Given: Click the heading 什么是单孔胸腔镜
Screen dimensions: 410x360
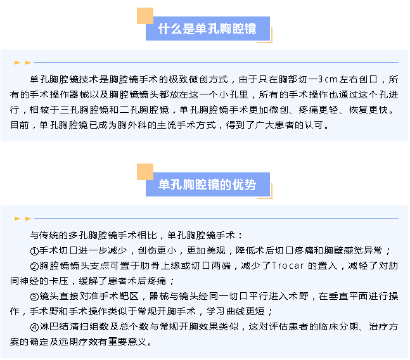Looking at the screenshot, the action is click(x=207, y=29).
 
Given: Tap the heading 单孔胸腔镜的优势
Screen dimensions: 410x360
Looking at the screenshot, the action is click(x=207, y=184).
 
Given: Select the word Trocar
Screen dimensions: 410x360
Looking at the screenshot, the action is click(x=288, y=266).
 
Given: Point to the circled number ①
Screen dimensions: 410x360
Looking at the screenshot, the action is click(x=34, y=251).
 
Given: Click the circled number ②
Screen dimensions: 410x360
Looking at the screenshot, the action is click(x=34, y=266).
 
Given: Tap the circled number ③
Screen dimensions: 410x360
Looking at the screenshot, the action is click(x=34, y=297).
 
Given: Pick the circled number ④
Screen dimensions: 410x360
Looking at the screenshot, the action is click(x=34, y=327).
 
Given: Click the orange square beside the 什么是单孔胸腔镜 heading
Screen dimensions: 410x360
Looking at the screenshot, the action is click(x=145, y=16).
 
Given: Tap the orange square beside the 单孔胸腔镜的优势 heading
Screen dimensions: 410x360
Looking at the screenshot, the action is click(x=145, y=172).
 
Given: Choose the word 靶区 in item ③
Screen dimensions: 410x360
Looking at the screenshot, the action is click(x=129, y=296).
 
